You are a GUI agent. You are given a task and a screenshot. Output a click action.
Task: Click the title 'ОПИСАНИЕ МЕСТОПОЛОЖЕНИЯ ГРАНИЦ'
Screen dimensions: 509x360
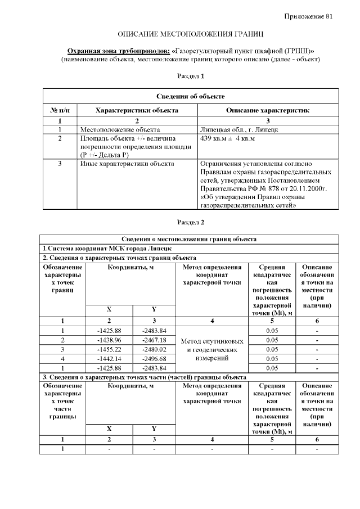pos(190,35)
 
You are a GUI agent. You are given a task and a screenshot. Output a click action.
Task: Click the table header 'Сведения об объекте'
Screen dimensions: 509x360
pos(190,97)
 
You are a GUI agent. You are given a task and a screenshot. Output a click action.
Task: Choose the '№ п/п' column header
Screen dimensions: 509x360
pos(60,110)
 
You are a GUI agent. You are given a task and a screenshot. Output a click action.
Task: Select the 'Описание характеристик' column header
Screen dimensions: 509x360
pos(267,110)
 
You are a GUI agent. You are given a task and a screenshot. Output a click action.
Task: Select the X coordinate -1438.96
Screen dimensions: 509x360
pos(109,340)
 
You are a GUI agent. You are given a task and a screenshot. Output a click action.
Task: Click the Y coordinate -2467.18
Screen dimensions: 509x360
pos(154,340)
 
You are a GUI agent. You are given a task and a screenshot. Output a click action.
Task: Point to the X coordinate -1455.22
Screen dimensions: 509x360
pos(109,349)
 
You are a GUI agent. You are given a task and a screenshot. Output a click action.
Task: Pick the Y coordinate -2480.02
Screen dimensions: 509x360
pos(154,349)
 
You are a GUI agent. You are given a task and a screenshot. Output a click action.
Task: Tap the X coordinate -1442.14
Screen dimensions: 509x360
pos(109,358)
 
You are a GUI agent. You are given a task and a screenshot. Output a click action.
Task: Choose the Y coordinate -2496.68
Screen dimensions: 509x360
pos(154,358)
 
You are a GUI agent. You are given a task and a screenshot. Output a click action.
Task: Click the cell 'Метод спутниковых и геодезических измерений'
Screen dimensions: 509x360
pos(211,349)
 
